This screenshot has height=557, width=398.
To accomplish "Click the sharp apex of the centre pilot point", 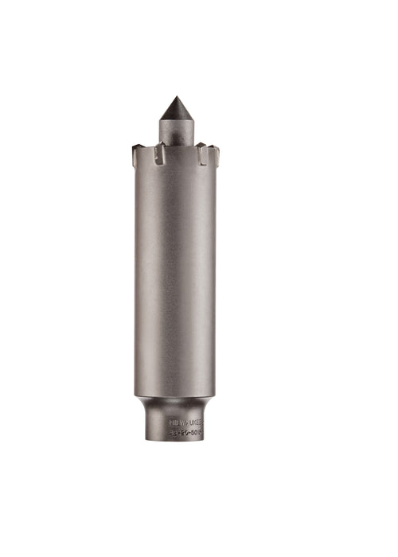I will click(175, 97).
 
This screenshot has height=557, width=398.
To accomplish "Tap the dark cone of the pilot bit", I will click(175, 111).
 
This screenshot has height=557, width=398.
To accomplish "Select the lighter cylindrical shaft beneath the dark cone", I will click(176, 130).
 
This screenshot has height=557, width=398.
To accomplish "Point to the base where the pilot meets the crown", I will click(176, 145).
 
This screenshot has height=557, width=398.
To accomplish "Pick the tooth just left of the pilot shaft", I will click(158, 153).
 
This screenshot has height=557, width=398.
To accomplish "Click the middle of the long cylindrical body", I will click(175, 278).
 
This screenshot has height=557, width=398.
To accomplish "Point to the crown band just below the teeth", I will click(175, 171).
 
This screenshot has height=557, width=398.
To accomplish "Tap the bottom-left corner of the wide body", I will click(137, 393).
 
